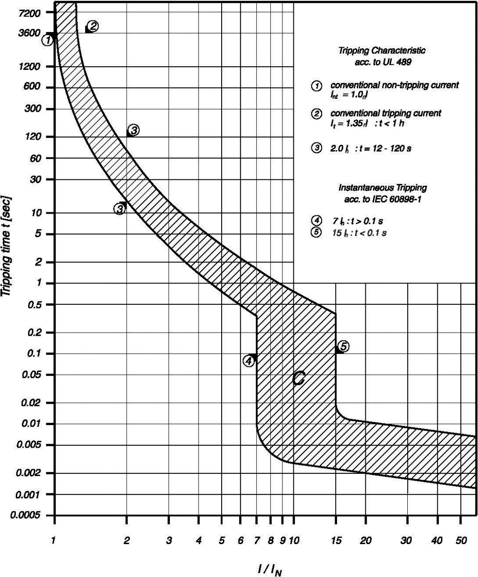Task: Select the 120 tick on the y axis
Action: pyautogui.click(x=33, y=137)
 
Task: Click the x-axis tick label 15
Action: pyautogui.click(x=336, y=540)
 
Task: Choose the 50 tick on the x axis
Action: pyautogui.click(x=461, y=540)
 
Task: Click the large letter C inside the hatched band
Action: pyautogui.click(x=298, y=379)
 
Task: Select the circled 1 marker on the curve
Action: pyautogui.click(x=48, y=40)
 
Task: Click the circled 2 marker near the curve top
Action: pyautogui.click(x=93, y=26)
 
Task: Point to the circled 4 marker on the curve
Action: pyautogui.click(x=249, y=361)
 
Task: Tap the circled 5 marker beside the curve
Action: pyautogui.click(x=343, y=346)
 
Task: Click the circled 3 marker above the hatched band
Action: pyautogui.click(x=133, y=130)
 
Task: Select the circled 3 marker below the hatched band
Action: pyautogui.click(x=119, y=208)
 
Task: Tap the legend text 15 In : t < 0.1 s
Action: pyautogui.click(x=360, y=233)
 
